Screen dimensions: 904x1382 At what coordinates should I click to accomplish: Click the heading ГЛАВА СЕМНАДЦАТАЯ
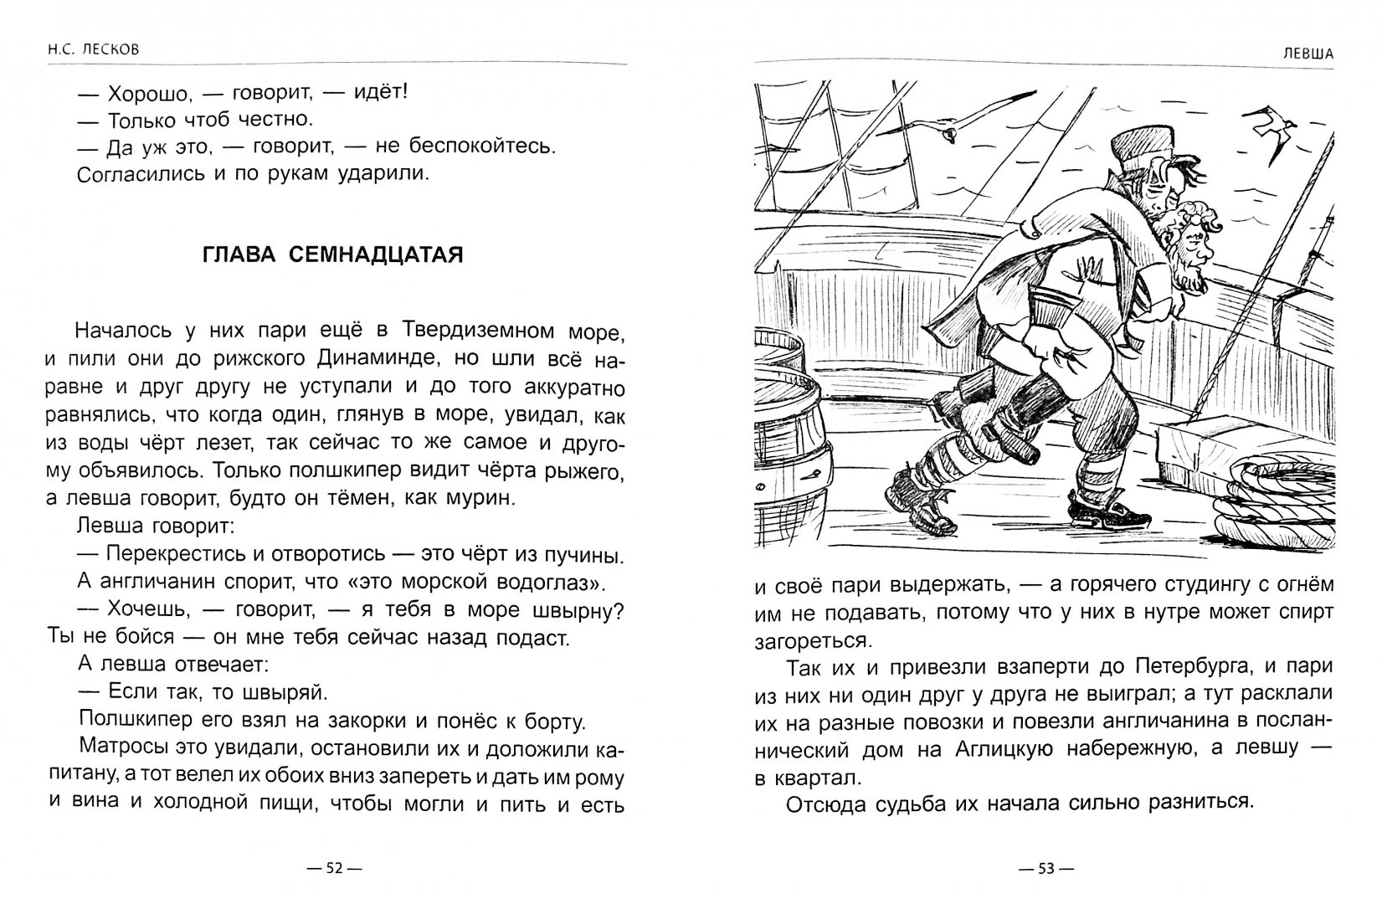[x=333, y=254]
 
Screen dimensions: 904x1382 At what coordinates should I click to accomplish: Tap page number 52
[x=333, y=868]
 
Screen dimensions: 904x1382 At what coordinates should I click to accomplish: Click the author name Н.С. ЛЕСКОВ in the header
[x=82, y=50]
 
